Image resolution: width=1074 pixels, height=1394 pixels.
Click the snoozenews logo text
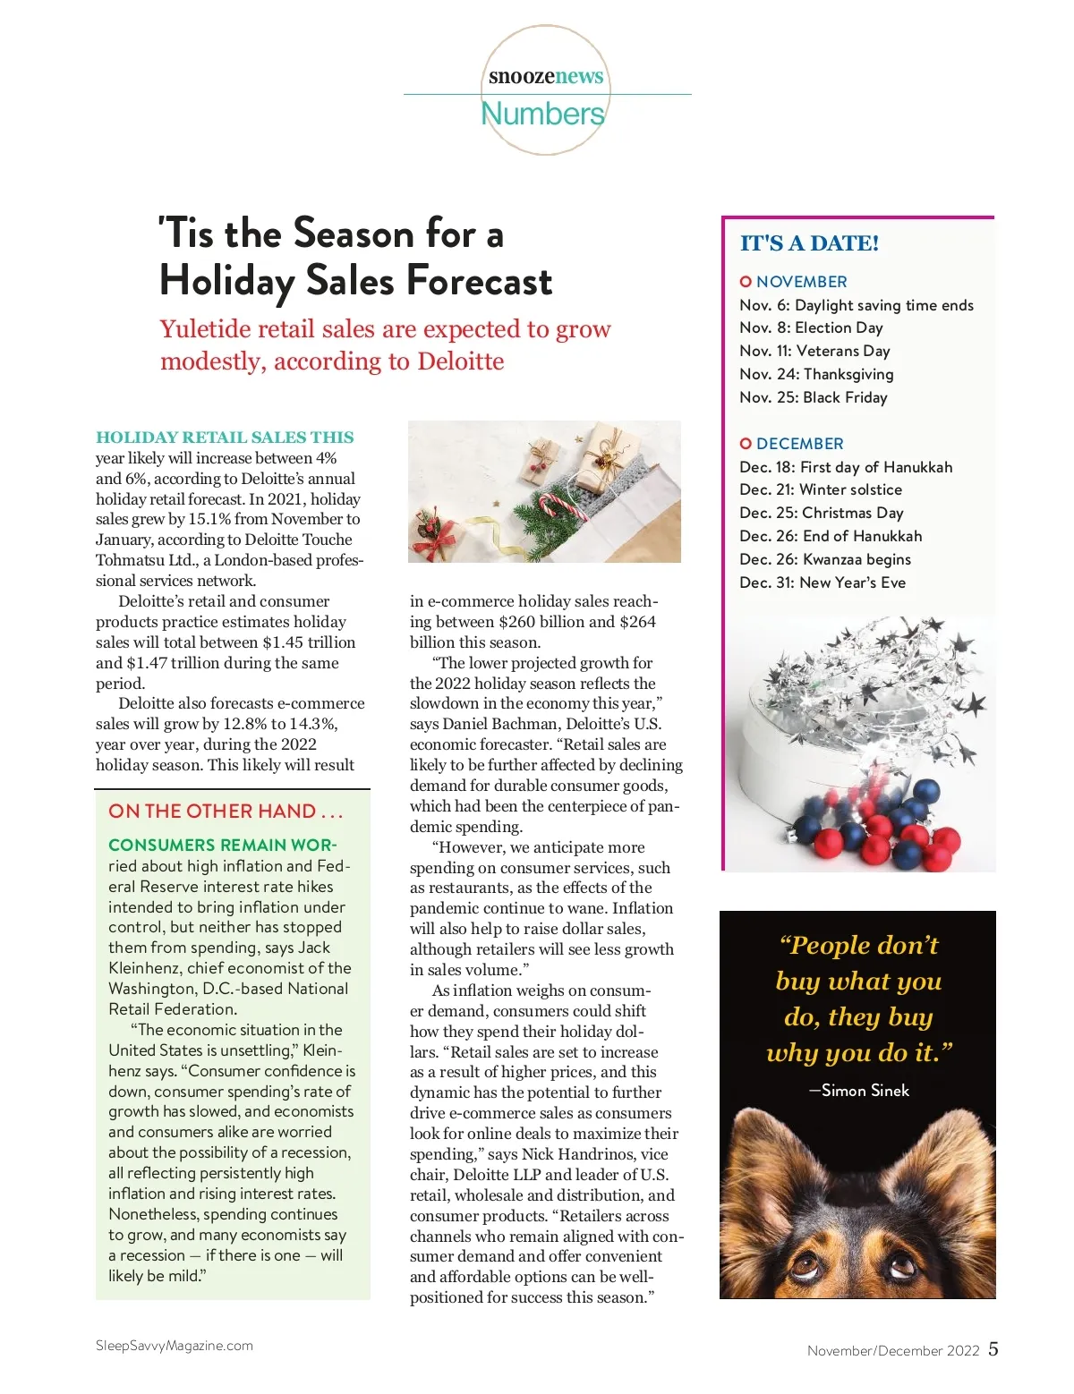(x=546, y=77)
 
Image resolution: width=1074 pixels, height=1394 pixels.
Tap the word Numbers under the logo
(x=542, y=114)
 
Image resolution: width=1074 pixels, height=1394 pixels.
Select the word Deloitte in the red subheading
(x=460, y=361)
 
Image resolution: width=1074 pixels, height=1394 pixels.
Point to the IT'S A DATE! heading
(x=809, y=243)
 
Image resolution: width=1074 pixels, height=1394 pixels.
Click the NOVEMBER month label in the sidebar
(x=801, y=282)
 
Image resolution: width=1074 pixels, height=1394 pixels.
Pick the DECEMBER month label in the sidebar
(x=799, y=444)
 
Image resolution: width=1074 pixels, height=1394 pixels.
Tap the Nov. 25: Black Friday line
(x=813, y=397)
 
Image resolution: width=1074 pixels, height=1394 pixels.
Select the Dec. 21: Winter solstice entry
(x=820, y=489)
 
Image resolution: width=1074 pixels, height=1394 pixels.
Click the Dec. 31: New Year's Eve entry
(x=822, y=582)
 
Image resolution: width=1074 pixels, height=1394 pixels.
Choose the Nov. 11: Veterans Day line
(x=814, y=351)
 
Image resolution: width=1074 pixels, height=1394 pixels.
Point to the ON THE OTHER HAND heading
(x=226, y=812)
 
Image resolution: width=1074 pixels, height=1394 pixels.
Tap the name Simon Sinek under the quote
(x=865, y=1091)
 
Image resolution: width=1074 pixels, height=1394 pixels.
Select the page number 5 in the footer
(x=993, y=1349)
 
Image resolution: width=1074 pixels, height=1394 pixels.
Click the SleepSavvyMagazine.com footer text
(x=175, y=1346)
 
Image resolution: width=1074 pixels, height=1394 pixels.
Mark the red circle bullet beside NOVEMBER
(x=746, y=282)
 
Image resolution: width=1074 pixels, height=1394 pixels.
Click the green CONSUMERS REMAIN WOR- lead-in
(x=222, y=846)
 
